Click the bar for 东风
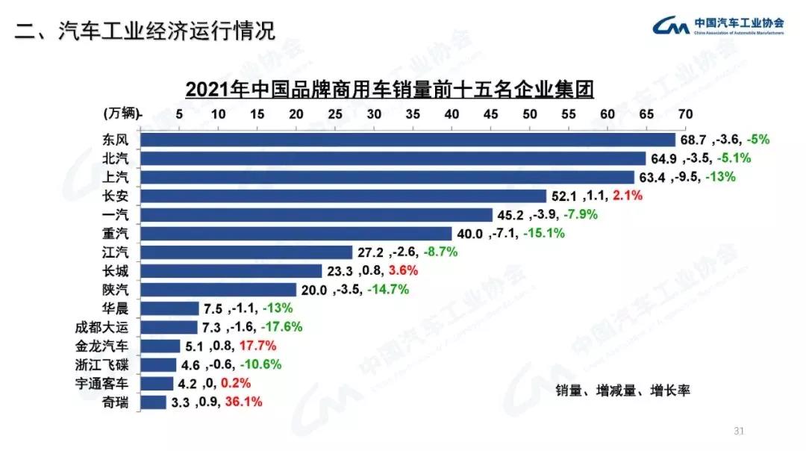pos(407,140)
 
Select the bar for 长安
pos(343,196)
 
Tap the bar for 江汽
pos(246,252)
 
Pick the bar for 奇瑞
pos(153,402)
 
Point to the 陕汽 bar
pos(219,290)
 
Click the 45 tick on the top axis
pos(490,113)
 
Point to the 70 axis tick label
pos(685,113)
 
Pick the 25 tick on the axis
pos(335,113)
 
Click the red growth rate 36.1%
pos(244,402)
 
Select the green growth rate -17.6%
pos(281,327)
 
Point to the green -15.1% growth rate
pos(544,234)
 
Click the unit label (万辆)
pos(120,113)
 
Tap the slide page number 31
pos(740,431)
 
